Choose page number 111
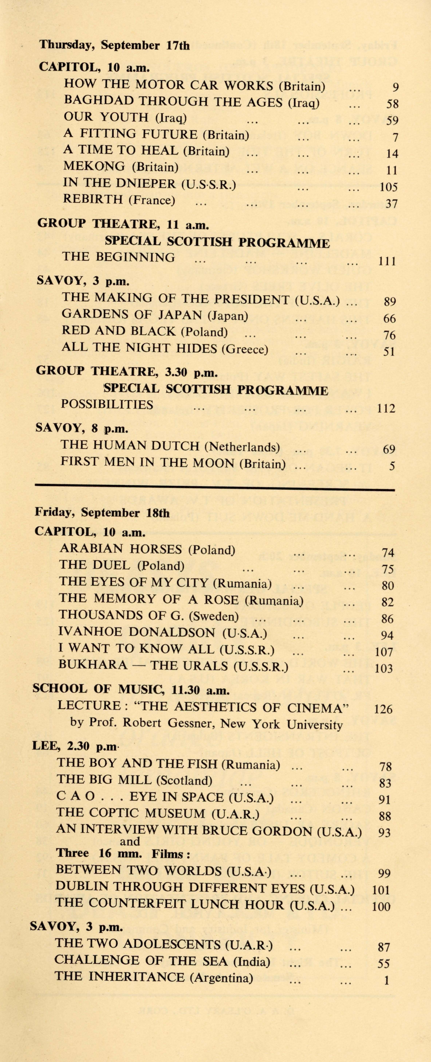387,261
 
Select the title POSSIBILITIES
107,404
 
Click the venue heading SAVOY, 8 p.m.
82,428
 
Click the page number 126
383,709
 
